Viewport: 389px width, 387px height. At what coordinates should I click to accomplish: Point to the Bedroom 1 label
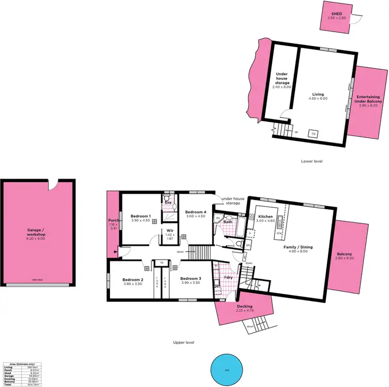coord(141,216)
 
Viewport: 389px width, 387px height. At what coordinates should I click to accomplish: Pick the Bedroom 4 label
coord(196,212)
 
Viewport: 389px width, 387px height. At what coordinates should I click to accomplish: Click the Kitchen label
coord(266,217)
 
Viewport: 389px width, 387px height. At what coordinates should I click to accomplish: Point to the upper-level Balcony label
coord(344,254)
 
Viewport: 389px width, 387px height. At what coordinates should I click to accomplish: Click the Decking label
coord(245,307)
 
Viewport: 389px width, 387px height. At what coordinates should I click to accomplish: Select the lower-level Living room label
coord(318,95)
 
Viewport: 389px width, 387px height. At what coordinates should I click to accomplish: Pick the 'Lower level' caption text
coord(312,161)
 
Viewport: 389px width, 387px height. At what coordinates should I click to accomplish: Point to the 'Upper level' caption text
coord(185,343)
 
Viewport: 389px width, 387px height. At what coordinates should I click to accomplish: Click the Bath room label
coord(228,222)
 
